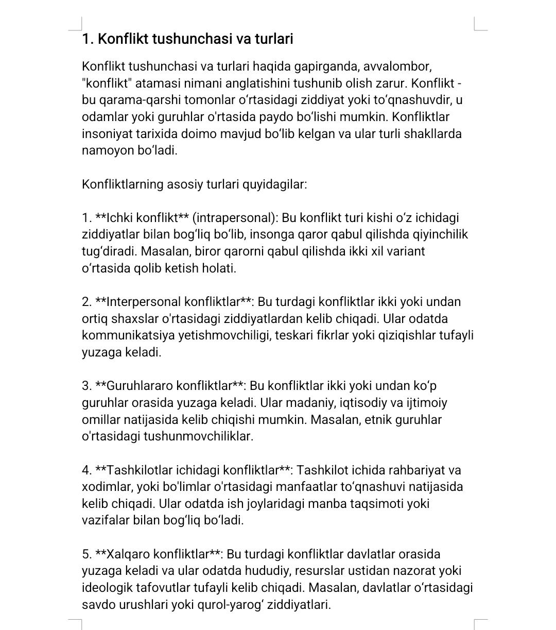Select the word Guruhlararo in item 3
tap(140, 386)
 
